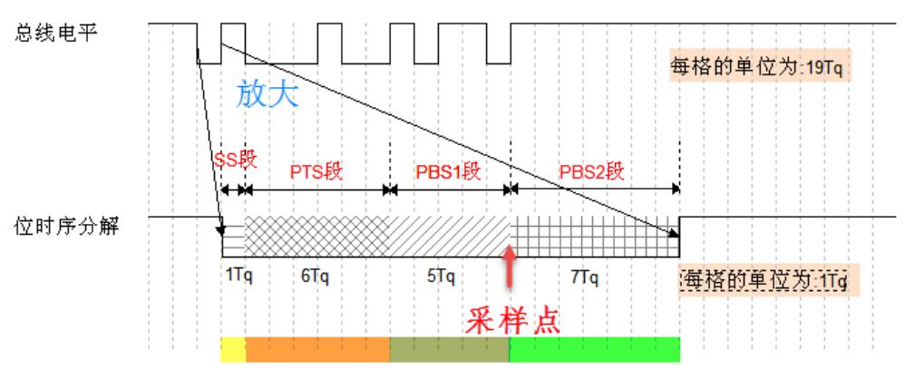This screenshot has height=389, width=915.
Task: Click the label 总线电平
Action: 56,32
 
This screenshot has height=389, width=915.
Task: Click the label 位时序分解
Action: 66,228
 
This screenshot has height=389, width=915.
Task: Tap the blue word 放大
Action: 268,94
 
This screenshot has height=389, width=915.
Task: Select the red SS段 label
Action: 235,160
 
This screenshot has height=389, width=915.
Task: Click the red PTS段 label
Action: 316,172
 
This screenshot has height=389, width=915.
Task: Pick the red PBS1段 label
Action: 448,172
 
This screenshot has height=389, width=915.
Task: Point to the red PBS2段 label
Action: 592,172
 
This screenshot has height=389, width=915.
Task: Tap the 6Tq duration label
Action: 315,276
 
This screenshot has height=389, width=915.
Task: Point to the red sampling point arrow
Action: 510,267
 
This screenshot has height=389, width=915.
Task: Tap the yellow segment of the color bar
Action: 233,349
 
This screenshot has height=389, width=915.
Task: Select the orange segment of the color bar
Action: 318,349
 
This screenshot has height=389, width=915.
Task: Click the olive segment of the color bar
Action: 449,349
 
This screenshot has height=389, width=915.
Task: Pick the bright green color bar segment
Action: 595,349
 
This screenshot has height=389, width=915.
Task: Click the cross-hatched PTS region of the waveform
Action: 316,236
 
